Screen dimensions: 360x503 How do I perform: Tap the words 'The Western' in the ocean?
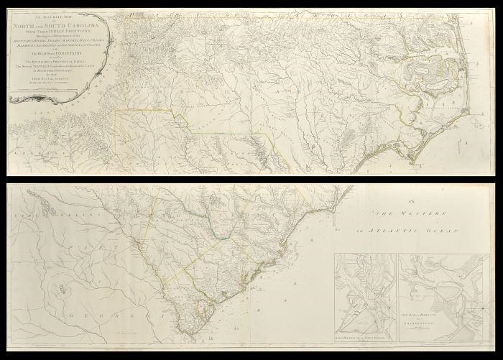click(x=405, y=213)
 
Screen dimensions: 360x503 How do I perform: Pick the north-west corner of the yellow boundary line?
click(x=118, y=110)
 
